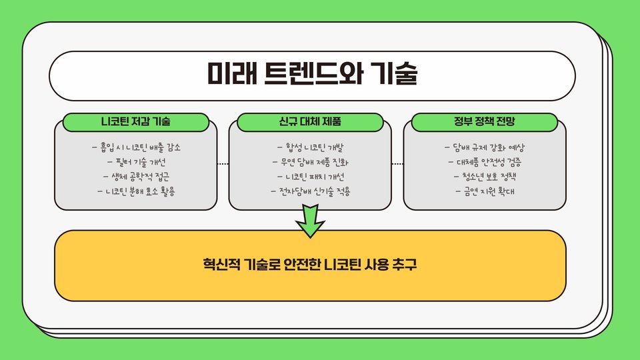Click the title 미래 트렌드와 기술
click(311, 74)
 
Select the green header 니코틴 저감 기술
click(136, 123)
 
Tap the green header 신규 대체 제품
click(311, 123)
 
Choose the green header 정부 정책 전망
click(485, 123)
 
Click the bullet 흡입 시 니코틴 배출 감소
click(136, 147)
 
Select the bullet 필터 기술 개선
click(136, 162)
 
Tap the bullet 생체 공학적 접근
click(136, 177)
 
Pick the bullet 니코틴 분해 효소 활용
click(136, 192)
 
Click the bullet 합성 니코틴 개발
click(311, 147)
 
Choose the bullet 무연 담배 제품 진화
click(311, 162)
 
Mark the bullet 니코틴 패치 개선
click(311, 177)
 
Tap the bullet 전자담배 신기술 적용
click(311, 192)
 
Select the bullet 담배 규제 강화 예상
click(485, 147)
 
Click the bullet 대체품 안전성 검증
click(485, 162)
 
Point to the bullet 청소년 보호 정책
click(485, 177)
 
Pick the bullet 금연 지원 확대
click(485, 192)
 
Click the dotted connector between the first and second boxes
click(223, 163)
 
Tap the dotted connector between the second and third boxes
click(397, 163)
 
